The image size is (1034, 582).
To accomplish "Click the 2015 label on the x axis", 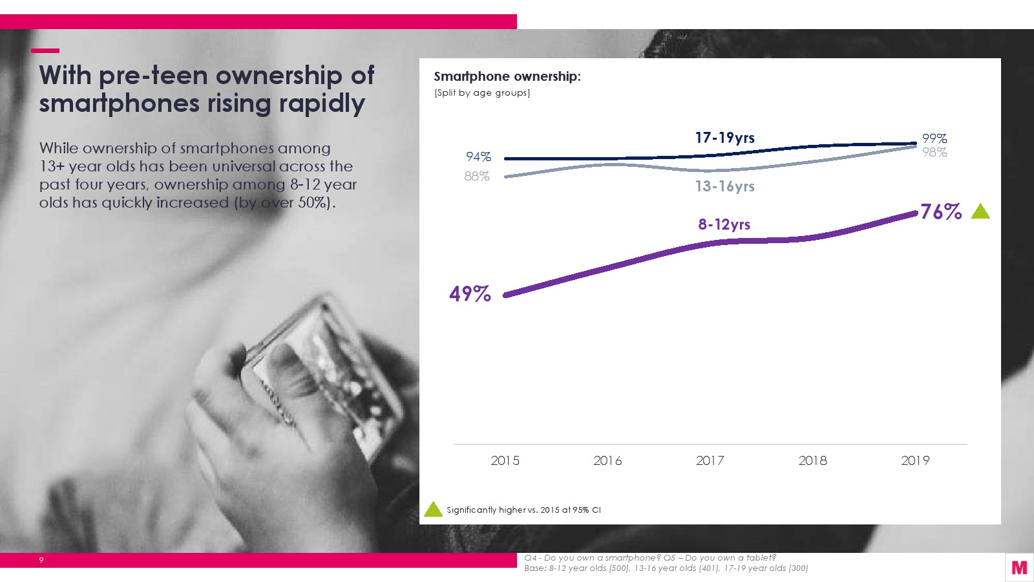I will coord(505,460).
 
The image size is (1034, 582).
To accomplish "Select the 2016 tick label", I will coord(607,460).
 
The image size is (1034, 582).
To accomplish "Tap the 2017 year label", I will coord(710,460).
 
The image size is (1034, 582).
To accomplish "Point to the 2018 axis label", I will coord(812,460).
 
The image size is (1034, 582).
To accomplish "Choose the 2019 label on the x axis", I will coord(915,460).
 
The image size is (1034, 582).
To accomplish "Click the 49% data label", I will coord(470,294).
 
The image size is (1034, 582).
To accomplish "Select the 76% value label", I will coord(941,211).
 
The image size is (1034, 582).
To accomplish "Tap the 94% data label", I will coord(478,157).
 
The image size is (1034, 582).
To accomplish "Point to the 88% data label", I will coord(477,177).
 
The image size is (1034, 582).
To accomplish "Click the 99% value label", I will coord(934,138).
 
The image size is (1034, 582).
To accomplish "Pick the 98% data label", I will coord(934,153).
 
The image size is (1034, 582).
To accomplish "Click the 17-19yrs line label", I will coord(724,138).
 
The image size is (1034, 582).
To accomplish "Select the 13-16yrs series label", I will coord(724,186).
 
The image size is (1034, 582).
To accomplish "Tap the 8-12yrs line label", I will coord(724,224).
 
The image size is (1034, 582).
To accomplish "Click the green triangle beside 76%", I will coord(980,212).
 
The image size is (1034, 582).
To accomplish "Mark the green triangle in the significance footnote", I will coord(433,510).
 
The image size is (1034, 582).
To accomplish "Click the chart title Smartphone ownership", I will coord(507,76).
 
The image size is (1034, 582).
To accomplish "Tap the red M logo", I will coord(1019,568).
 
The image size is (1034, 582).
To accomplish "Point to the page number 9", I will coord(41,560).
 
